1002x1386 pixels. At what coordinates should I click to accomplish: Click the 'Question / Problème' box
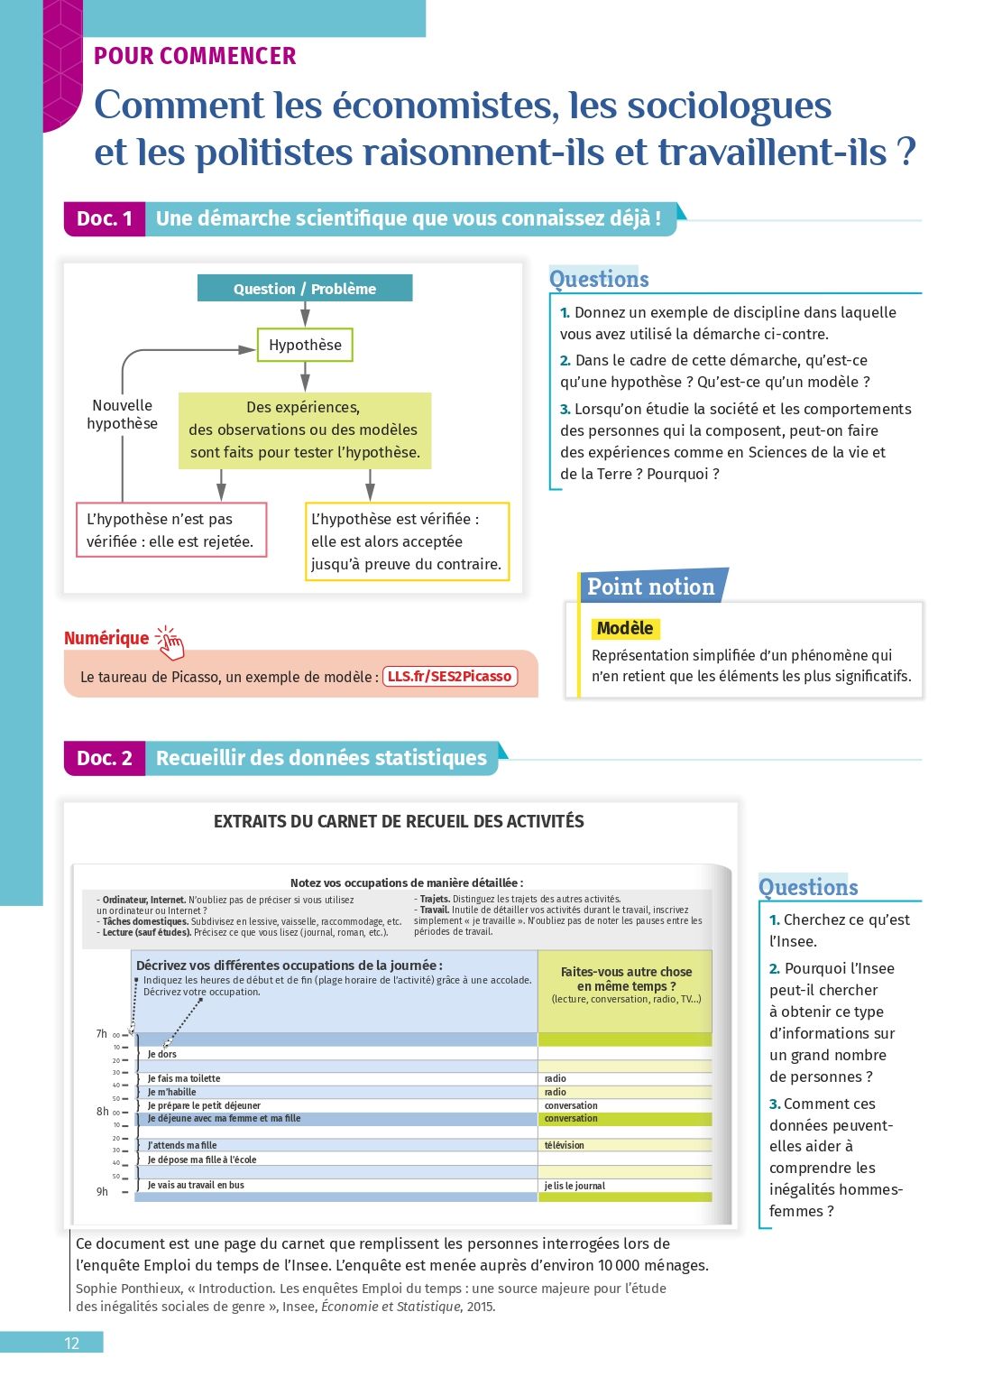[x=305, y=289]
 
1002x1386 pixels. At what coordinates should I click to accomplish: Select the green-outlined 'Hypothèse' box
[x=305, y=345]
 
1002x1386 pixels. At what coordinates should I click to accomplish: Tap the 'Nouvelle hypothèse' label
[x=122, y=414]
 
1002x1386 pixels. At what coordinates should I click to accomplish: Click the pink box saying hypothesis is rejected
[x=171, y=530]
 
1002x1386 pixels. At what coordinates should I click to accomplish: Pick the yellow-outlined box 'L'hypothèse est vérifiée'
[x=407, y=541]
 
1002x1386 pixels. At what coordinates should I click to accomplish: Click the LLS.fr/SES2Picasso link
[x=450, y=676]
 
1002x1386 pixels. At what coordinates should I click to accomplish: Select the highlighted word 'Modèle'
[x=625, y=628]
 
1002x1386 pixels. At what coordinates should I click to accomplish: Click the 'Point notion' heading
[x=651, y=587]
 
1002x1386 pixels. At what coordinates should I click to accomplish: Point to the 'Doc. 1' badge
[x=105, y=218]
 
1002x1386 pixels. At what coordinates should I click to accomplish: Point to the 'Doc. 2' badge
[x=105, y=758]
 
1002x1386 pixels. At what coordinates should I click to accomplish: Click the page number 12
[x=72, y=1343]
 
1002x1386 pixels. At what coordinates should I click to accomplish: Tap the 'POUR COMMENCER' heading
[x=195, y=56]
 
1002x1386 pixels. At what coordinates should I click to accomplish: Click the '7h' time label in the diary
[x=102, y=1034]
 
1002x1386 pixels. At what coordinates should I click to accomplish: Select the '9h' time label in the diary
[x=102, y=1192]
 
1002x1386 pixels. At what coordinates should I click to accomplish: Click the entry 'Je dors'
[x=162, y=1054]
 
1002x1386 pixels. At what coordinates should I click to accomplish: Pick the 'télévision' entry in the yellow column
[x=565, y=1145]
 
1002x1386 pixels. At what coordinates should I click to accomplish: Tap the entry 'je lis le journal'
[x=575, y=1186]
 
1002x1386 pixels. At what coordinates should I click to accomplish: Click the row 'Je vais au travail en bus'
[x=196, y=1185]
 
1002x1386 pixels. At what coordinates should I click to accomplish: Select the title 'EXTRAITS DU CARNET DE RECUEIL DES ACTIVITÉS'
[x=399, y=821]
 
